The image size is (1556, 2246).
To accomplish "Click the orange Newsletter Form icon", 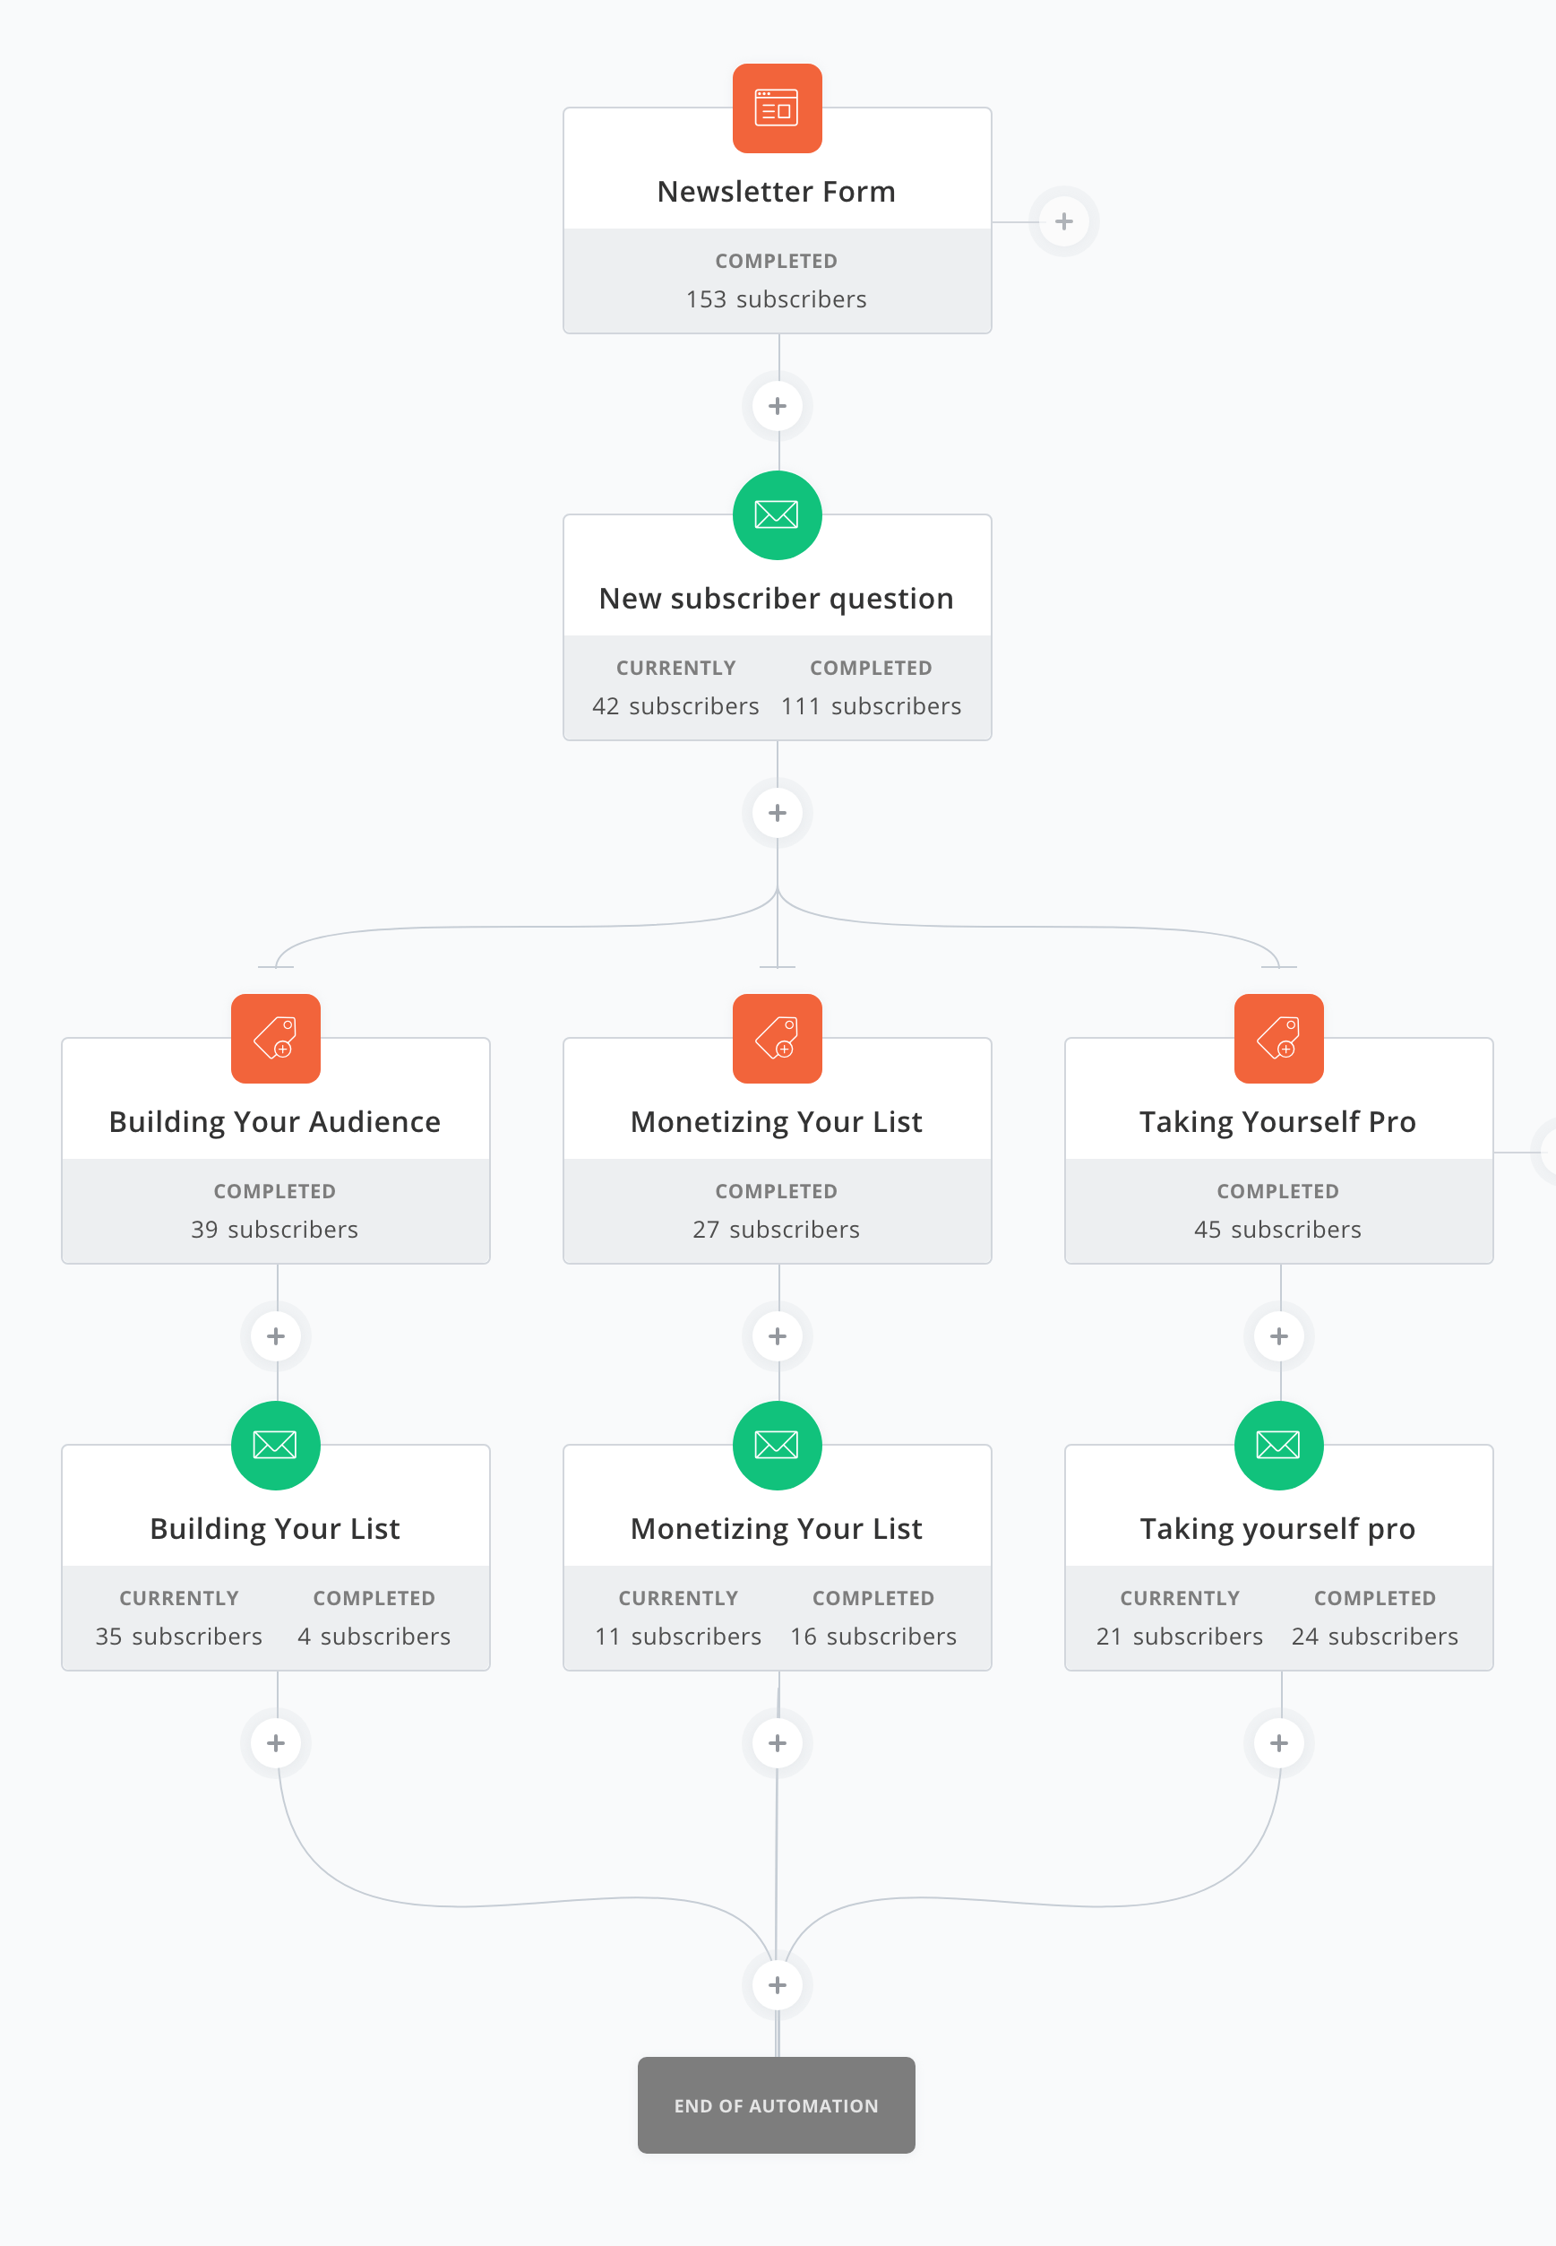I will [x=777, y=108].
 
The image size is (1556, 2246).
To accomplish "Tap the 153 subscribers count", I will [x=776, y=299].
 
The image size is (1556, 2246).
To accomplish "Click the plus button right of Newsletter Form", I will [x=1063, y=221].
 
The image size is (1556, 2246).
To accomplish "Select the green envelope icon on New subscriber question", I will [x=777, y=515].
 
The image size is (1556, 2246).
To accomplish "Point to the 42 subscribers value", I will [x=675, y=706].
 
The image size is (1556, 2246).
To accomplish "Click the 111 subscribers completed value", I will [x=871, y=706].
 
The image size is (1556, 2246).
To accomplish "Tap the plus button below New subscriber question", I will [x=777, y=812].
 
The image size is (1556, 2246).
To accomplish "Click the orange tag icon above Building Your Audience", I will [x=276, y=1039].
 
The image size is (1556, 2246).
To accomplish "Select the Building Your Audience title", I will [x=275, y=1121].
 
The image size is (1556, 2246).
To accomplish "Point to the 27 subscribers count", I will [x=776, y=1230].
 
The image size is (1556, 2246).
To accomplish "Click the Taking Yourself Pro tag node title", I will [x=1277, y=1121].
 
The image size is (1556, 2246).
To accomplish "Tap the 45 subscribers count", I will [x=1277, y=1230].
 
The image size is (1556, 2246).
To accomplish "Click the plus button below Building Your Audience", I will [x=276, y=1336].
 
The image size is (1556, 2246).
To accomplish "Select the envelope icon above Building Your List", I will [x=276, y=1446].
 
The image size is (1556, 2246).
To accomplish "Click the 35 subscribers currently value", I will [x=178, y=1637].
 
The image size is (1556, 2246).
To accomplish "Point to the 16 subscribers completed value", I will [x=873, y=1637].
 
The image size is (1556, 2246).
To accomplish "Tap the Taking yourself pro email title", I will [x=1277, y=1528].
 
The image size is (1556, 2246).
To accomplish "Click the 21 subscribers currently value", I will [x=1179, y=1637].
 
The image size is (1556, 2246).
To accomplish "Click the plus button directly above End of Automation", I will [x=777, y=1984].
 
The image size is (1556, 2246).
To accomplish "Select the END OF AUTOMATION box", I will [x=776, y=2105].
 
